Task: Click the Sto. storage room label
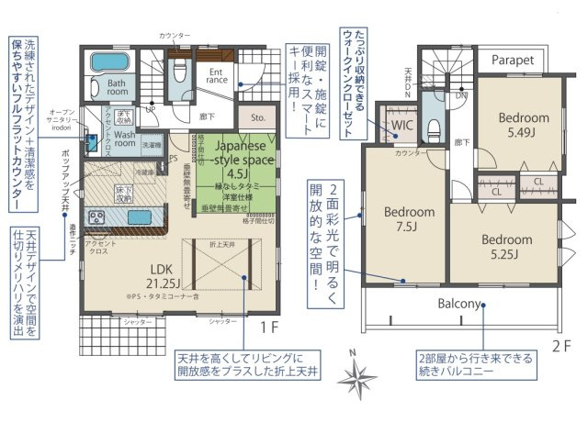(x=257, y=117)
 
